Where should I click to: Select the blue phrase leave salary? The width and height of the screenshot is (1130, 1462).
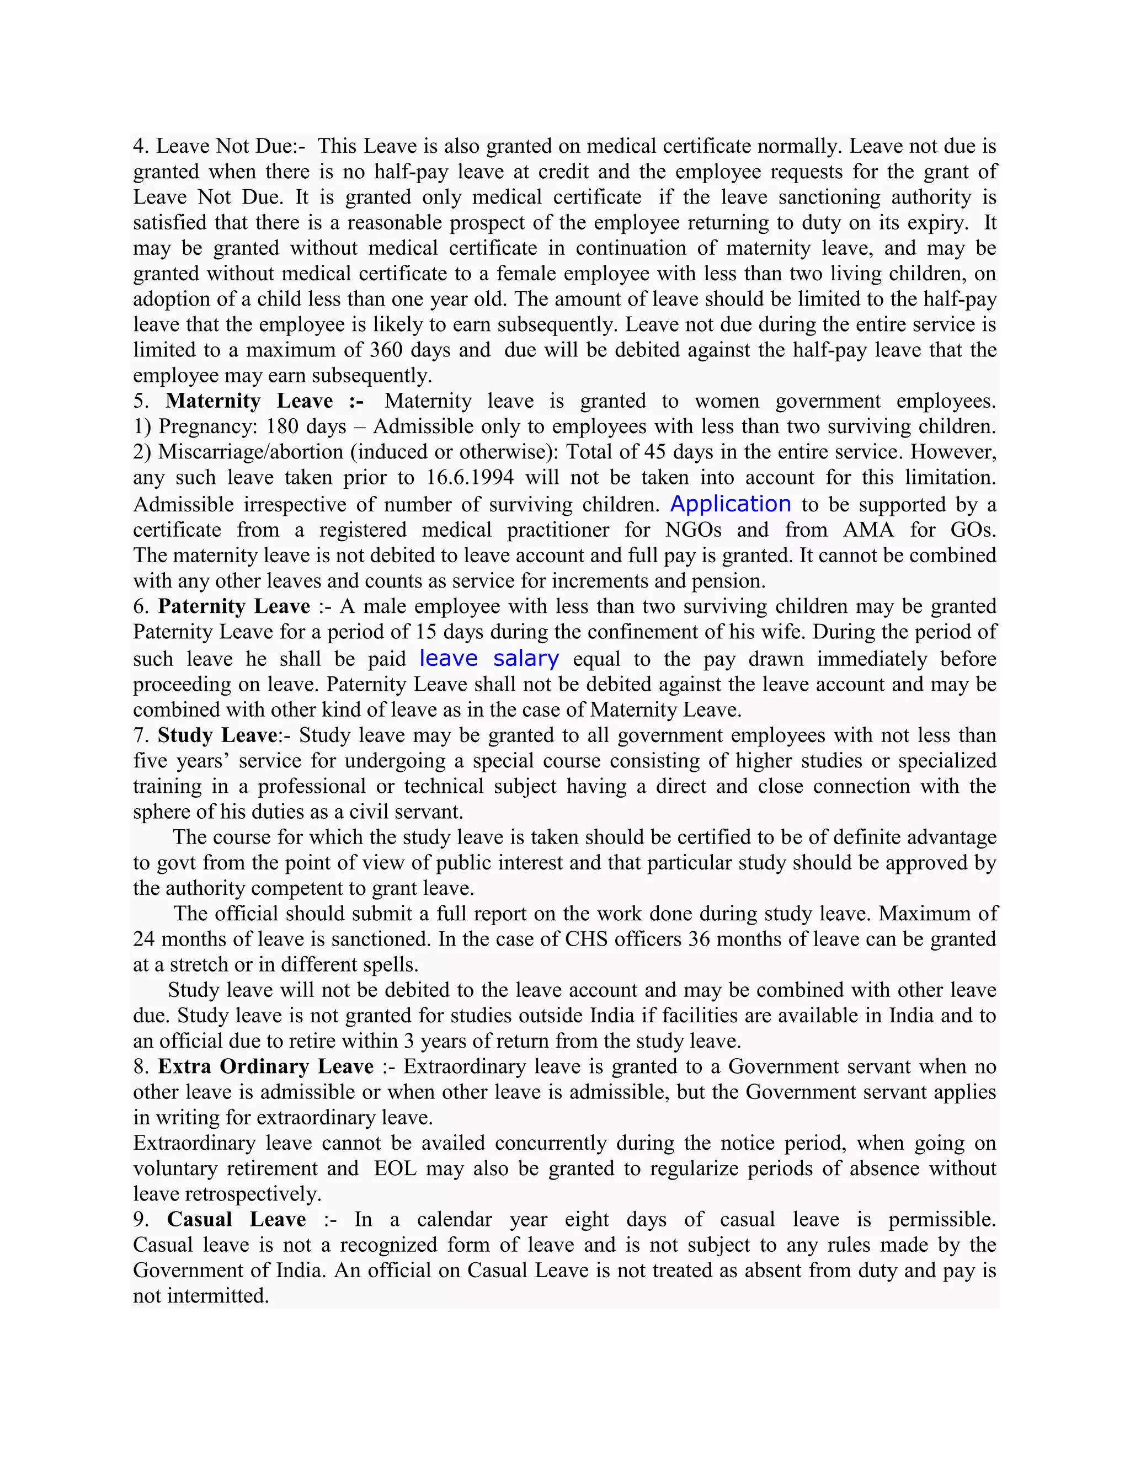[x=489, y=658]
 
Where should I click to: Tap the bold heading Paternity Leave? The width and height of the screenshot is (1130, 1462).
[x=233, y=606]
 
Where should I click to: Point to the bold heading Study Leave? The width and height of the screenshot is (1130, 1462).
[x=217, y=735]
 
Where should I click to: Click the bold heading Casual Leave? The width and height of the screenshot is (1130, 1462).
[x=236, y=1219]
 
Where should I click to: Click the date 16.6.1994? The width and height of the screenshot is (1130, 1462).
[x=470, y=477]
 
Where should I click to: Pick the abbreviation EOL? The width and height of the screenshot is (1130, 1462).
[x=395, y=1168]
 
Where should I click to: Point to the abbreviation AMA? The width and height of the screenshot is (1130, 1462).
[x=868, y=530]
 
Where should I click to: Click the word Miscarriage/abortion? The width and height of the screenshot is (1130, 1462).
[x=250, y=452]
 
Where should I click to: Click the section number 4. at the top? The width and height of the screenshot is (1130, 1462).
[x=141, y=146]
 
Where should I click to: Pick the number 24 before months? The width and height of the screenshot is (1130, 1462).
[x=144, y=938]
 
